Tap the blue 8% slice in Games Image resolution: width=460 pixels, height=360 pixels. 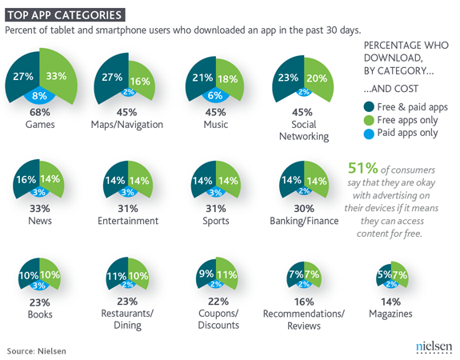point(40,96)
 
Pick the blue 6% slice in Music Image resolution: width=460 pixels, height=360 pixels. point(215,96)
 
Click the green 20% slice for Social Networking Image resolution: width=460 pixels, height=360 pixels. point(318,78)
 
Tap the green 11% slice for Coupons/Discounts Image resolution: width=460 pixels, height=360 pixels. point(226,274)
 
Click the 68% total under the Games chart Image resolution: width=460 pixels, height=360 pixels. point(40,112)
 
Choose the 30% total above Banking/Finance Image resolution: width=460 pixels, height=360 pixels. point(304,209)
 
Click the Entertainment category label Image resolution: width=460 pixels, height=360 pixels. point(128,221)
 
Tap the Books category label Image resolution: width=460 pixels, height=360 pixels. point(40,314)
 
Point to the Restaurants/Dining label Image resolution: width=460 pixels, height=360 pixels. point(127,319)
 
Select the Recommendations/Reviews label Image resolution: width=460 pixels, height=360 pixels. point(304,320)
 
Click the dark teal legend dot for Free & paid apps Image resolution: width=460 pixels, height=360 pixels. point(369,107)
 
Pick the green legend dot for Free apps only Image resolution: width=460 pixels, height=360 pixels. point(369,120)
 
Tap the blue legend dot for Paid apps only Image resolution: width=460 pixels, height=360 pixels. point(369,134)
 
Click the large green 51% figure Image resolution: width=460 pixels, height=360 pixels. point(362,168)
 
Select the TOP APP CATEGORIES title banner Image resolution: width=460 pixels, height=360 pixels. point(65,15)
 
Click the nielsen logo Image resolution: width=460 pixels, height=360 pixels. point(434,346)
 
